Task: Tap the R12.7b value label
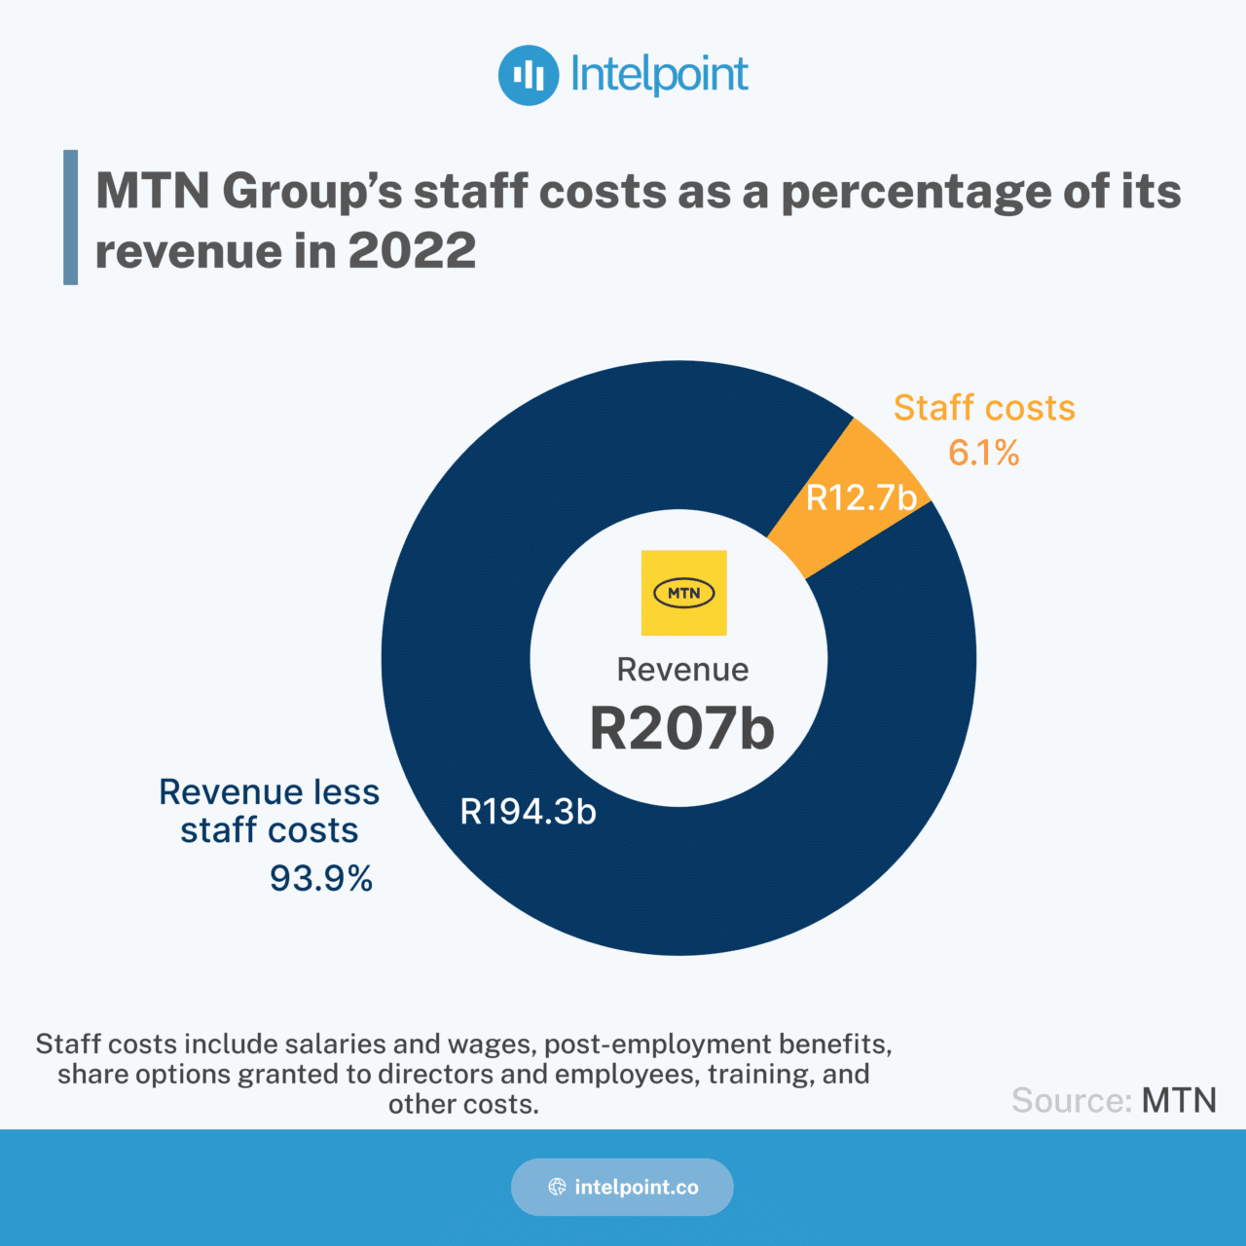point(861,498)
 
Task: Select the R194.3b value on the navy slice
point(528,812)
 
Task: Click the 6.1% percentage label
point(984,453)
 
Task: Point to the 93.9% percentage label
point(321,878)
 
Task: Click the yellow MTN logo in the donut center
point(683,593)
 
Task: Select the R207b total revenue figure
point(681,728)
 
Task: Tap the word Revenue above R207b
point(682,670)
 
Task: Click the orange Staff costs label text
point(984,408)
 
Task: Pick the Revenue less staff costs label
point(270,811)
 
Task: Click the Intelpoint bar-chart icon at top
point(529,75)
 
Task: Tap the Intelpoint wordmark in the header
point(659,75)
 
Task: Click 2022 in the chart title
point(412,251)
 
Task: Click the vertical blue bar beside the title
point(70,217)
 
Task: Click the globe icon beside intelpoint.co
point(557,1187)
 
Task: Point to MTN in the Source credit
point(1179,1100)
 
